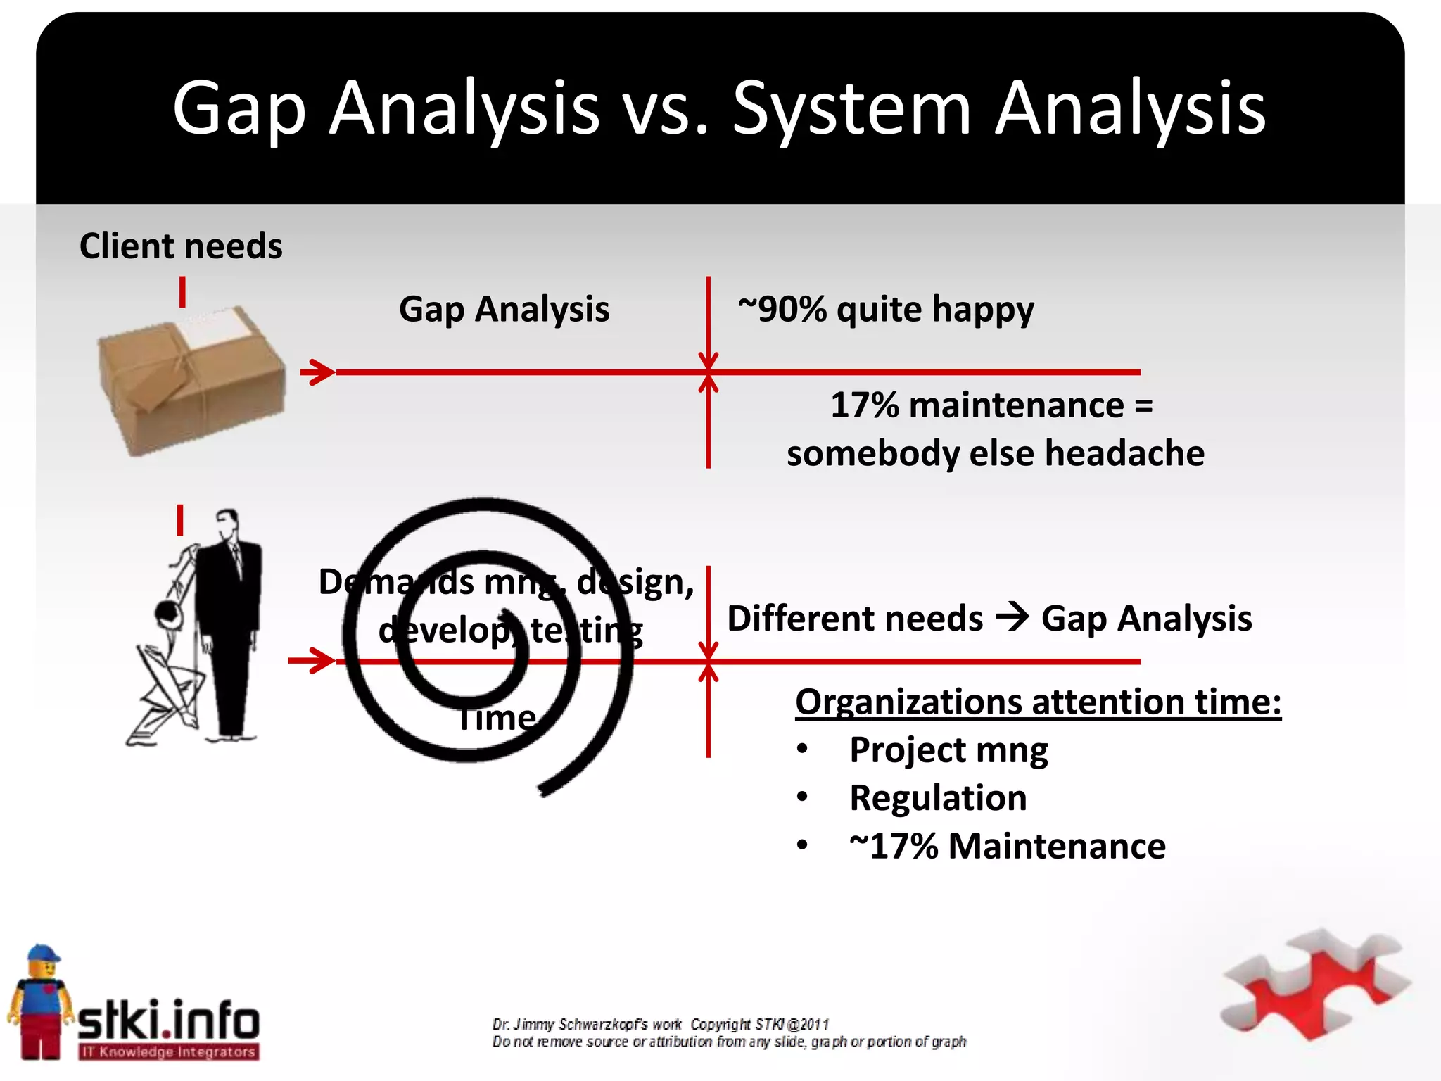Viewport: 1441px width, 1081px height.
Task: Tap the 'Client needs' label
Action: [x=181, y=246]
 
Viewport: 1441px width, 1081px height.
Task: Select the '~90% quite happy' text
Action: [x=886, y=309]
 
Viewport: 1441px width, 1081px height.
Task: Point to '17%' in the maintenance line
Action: [x=864, y=405]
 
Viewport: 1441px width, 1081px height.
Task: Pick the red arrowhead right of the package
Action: [x=318, y=372]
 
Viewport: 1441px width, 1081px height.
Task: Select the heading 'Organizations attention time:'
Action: [x=1038, y=702]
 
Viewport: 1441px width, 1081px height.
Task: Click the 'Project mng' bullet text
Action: [x=948, y=750]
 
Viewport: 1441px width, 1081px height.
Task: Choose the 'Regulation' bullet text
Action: [x=938, y=798]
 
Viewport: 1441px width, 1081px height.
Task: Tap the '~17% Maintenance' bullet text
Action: [x=1007, y=846]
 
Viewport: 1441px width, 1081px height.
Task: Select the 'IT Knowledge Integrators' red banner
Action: [x=168, y=1052]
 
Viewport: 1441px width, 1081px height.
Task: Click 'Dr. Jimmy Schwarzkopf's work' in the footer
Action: [x=587, y=1024]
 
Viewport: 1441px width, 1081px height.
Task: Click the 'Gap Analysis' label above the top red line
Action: [x=504, y=309]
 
